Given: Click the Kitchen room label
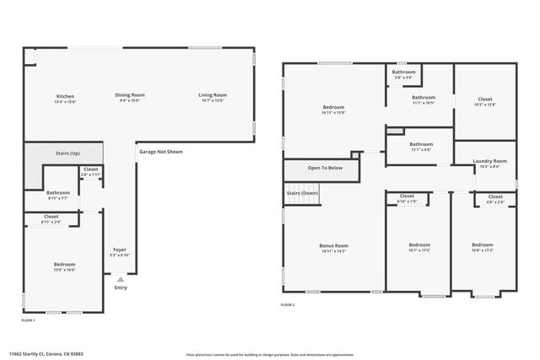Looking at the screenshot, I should point(65,96).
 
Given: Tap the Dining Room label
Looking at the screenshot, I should point(130,95).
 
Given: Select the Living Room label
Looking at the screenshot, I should point(213,95).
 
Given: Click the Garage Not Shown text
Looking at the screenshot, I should point(160,152).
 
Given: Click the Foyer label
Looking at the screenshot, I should point(120,251).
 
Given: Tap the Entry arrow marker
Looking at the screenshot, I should point(120,279).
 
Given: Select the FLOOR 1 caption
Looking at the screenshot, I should point(29,320).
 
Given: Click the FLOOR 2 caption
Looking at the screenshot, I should point(288,304).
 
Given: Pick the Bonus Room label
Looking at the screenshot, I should point(333,247).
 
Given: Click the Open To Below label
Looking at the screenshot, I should point(325,168).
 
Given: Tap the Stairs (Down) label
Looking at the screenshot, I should point(302,193).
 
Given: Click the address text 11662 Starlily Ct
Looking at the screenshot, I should point(46,354).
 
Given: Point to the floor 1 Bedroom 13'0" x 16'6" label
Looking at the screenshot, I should point(65,266).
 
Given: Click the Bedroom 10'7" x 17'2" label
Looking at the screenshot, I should point(419,247).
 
